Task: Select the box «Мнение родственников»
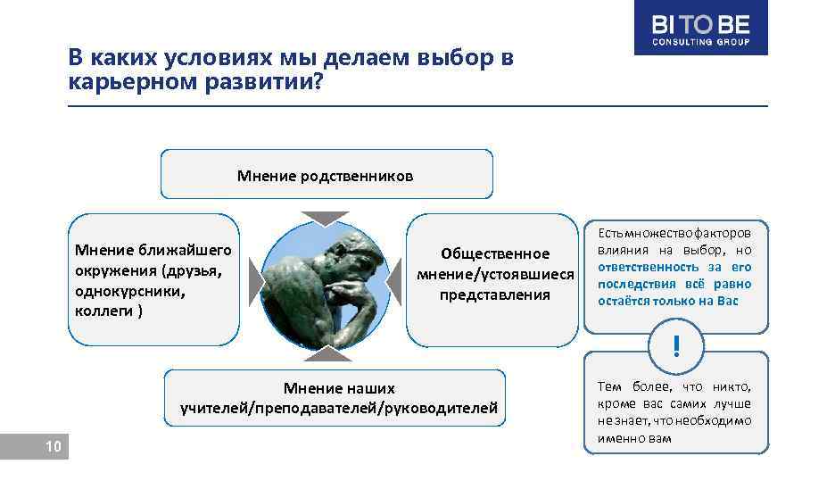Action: tap(326, 175)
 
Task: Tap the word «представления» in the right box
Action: tap(494, 294)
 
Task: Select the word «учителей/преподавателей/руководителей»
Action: tap(339, 409)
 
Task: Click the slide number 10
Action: tap(54, 446)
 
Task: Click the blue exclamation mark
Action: tap(676, 346)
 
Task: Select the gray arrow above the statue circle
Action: tap(325, 217)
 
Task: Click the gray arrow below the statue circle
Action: tap(325, 354)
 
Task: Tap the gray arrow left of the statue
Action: tap(256, 279)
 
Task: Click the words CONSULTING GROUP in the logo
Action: tap(700, 42)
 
